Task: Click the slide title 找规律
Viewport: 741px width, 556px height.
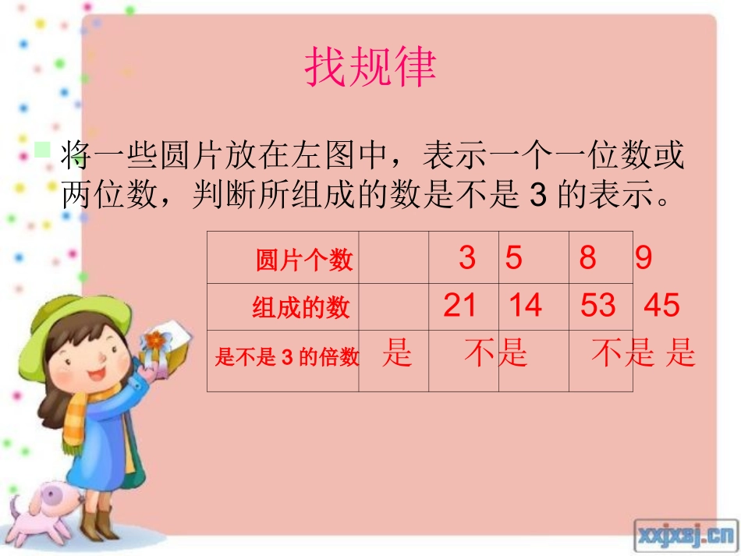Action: tap(370, 69)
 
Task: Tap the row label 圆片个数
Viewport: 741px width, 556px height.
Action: tap(304, 260)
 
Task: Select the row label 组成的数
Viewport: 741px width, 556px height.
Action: tap(300, 308)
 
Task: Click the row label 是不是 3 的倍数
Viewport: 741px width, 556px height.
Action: tap(286, 357)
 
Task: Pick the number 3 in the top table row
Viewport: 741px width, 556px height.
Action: tap(466, 257)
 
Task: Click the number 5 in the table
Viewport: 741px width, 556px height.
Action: tap(512, 257)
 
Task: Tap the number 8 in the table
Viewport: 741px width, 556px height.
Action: tap(587, 257)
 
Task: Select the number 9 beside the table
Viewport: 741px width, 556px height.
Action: tap(643, 257)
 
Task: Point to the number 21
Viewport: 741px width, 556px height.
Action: tap(459, 305)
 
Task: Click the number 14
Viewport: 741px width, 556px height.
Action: tap(525, 305)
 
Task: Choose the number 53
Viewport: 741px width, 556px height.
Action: tap(597, 305)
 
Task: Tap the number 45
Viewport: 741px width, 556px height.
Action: tap(661, 305)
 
